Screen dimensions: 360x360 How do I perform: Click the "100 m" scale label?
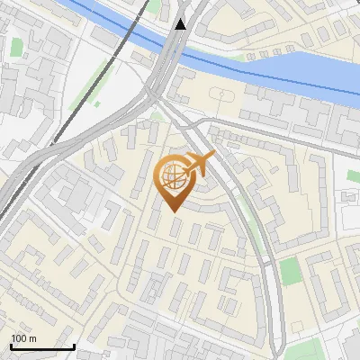pos(23,338)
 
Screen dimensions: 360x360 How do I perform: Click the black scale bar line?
pos(42,347)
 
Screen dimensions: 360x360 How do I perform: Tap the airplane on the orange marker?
pos(201,165)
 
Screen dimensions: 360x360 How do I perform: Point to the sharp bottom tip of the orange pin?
pos(171,212)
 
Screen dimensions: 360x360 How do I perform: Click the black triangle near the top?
pos(182,23)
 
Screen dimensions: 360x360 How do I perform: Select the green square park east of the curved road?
pos(289,271)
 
